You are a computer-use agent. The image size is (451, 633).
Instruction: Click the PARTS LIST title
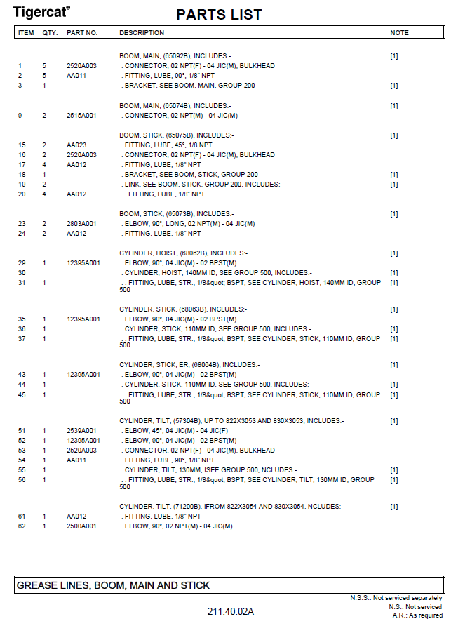click(219, 15)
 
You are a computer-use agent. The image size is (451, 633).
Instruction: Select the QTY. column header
click(50, 33)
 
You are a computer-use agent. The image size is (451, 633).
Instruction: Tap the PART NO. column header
click(82, 33)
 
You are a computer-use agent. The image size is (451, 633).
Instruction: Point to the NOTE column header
click(399, 33)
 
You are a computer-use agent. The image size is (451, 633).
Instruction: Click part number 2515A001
click(81, 116)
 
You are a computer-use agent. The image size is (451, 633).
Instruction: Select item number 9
click(21, 116)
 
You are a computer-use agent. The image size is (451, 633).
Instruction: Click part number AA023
click(76, 145)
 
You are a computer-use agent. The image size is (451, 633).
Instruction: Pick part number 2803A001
click(81, 224)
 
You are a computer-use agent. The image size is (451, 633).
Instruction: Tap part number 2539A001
click(81, 431)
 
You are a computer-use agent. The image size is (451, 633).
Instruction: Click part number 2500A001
click(81, 526)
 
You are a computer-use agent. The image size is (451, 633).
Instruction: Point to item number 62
click(22, 526)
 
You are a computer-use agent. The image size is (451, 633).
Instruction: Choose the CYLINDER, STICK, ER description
click(189, 365)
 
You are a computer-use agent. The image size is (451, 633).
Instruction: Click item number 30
click(22, 273)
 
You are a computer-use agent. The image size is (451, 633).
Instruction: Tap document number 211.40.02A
click(230, 612)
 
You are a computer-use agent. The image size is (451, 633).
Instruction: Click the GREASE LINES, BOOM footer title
click(113, 585)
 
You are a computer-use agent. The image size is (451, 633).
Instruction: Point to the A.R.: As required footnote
click(417, 615)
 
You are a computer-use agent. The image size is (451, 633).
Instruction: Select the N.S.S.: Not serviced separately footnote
click(396, 598)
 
